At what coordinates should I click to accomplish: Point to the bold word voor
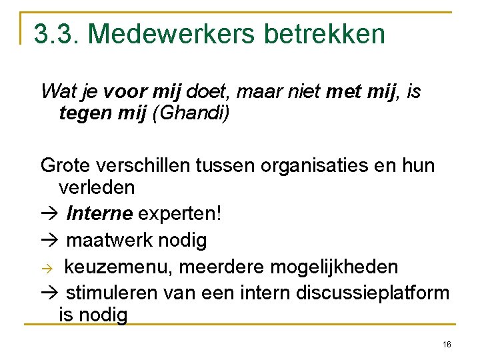click(x=127, y=91)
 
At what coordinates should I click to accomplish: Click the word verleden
click(x=97, y=188)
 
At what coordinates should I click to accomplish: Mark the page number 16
click(x=446, y=345)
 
